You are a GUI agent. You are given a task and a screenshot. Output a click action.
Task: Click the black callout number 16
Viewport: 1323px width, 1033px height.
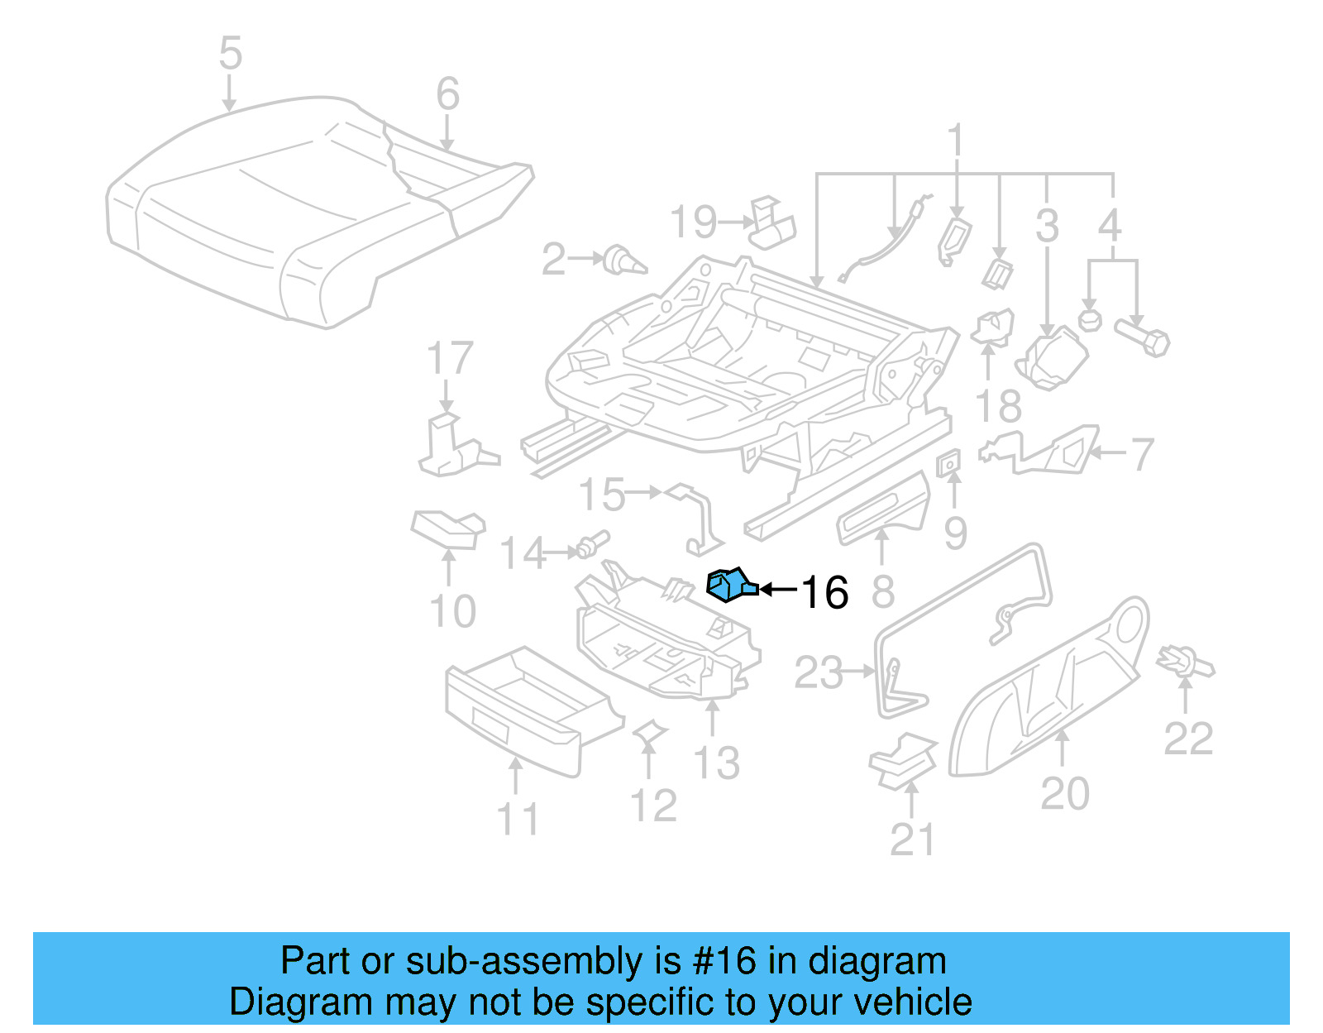pyautogui.click(x=824, y=593)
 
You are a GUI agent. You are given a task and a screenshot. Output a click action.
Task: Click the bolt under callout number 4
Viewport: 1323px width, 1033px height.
pyautogui.click(x=1144, y=337)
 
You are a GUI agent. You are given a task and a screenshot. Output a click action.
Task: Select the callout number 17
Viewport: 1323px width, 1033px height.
pyautogui.click(x=449, y=358)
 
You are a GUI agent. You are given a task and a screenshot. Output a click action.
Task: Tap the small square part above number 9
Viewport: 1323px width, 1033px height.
pyautogui.click(x=949, y=463)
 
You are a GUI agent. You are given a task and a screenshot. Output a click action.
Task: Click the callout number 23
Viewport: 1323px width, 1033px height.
pyautogui.click(x=818, y=672)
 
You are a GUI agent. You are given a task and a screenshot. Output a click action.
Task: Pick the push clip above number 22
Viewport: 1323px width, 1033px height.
pyautogui.click(x=1186, y=661)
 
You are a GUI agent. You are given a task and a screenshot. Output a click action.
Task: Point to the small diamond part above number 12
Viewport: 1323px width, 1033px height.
pyautogui.click(x=649, y=731)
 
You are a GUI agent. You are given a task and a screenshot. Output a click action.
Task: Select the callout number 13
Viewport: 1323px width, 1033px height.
pyautogui.click(x=716, y=763)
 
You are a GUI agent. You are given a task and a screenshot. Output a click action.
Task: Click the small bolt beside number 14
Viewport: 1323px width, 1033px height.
pyautogui.click(x=593, y=543)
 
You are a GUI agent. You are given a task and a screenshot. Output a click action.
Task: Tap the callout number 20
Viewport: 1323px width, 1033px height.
pyautogui.click(x=1064, y=793)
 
